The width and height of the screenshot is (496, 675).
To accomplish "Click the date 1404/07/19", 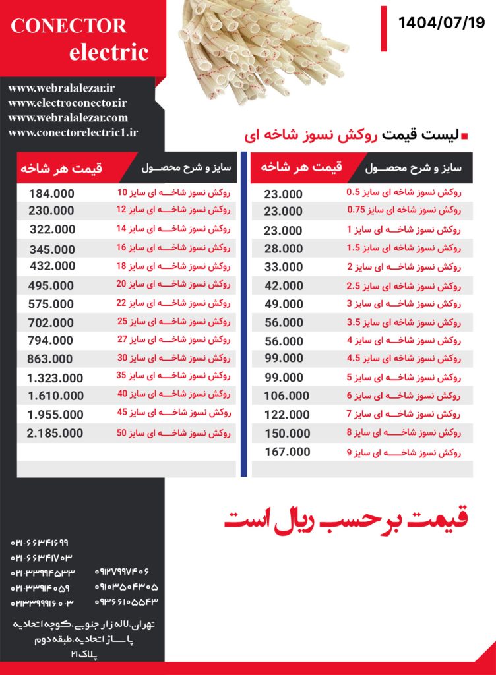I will click(441, 23).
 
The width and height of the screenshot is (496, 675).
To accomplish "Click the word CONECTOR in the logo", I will click(69, 26).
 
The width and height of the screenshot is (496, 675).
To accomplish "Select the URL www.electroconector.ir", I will click(68, 103).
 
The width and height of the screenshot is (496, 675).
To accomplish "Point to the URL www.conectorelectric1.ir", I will click(73, 132).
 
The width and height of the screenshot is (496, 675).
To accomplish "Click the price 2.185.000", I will click(55, 433).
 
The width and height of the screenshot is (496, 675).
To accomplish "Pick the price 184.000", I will click(51, 194).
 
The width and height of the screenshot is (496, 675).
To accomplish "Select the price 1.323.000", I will click(55, 378).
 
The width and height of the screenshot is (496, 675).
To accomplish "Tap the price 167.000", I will click(287, 452).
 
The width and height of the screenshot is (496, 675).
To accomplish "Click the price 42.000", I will click(284, 286).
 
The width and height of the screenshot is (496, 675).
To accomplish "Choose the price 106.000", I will click(287, 396).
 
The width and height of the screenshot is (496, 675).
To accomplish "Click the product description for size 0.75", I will click(404, 211).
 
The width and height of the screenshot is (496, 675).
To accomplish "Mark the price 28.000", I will click(284, 249).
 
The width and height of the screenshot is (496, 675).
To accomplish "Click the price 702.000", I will click(51, 323).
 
